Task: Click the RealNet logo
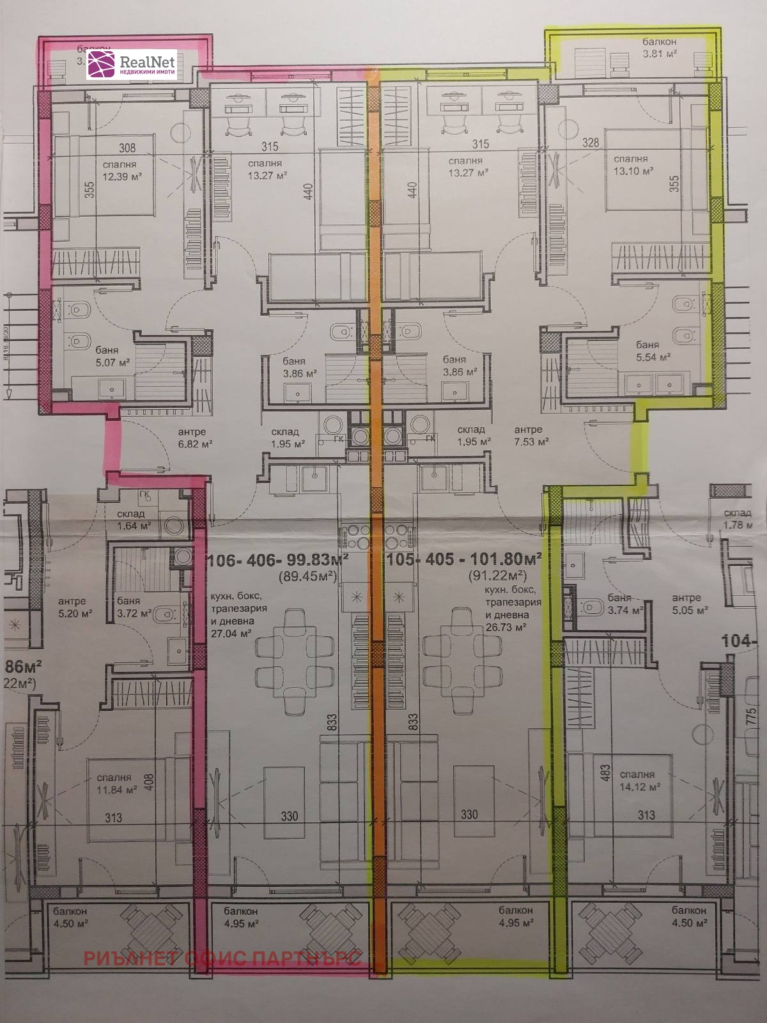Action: [131, 65]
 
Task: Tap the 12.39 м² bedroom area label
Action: [122, 176]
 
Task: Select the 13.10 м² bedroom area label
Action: [633, 171]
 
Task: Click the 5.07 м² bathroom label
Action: [112, 362]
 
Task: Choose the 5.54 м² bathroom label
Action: [653, 357]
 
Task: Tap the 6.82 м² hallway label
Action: [195, 443]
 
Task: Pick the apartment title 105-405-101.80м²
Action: [464, 559]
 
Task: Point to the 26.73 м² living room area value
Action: [506, 627]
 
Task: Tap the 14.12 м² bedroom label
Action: [640, 786]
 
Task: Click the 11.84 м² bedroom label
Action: [117, 790]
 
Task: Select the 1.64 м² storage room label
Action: [134, 526]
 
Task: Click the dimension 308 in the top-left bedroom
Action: [127, 148]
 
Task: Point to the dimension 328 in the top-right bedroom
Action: [591, 143]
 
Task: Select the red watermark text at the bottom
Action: [222, 958]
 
